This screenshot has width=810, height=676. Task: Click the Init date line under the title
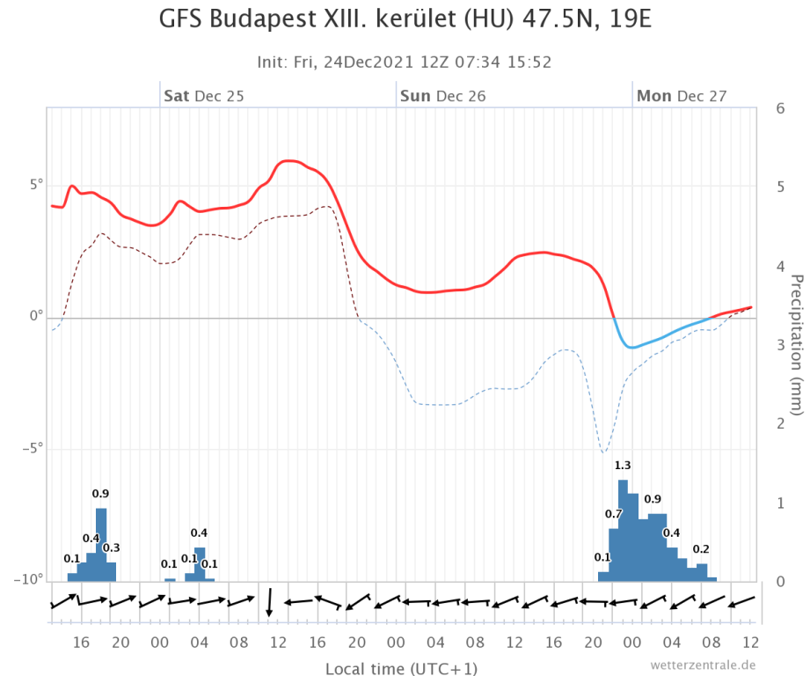[404, 62]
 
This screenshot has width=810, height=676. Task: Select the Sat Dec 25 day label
[203, 96]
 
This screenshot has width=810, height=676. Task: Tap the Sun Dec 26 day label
[442, 96]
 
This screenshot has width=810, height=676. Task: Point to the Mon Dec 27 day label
[681, 96]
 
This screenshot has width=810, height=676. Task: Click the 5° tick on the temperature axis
[34, 185]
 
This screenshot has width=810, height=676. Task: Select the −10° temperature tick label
[28, 580]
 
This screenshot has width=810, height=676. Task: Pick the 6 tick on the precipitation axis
[780, 108]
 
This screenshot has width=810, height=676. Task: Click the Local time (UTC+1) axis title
[402, 669]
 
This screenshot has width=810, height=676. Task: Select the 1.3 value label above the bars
[623, 466]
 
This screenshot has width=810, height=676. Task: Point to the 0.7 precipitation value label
[613, 514]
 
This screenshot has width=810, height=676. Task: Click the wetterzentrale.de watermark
[703, 665]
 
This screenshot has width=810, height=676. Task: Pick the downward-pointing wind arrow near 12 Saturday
[270, 601]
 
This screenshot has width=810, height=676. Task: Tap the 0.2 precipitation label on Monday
[701, 549]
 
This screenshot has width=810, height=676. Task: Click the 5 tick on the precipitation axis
[780, 187]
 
